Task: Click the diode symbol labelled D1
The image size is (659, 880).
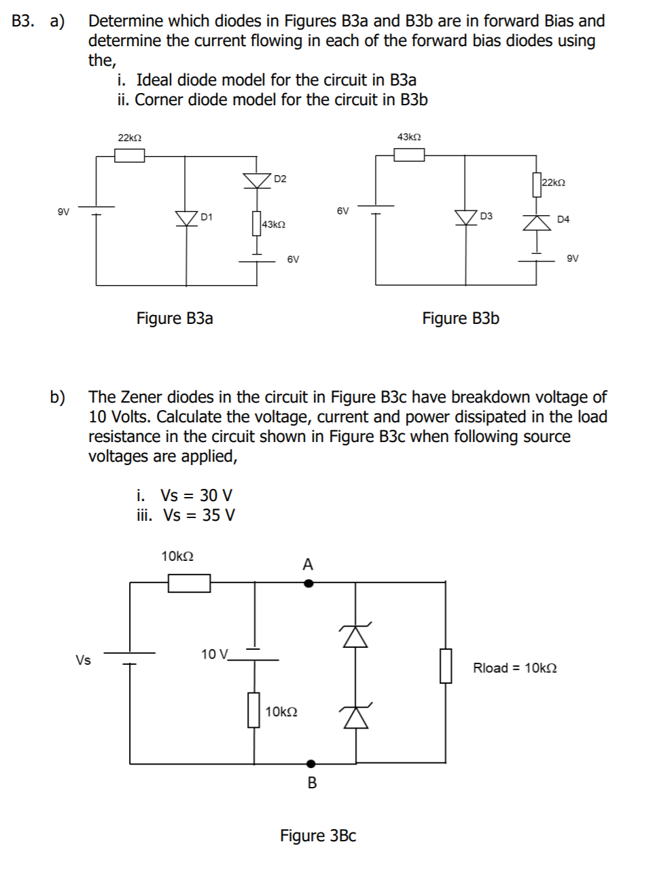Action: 187,218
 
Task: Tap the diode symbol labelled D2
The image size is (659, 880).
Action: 257,180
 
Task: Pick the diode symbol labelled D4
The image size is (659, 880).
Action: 537,222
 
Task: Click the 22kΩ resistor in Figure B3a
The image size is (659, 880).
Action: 129,155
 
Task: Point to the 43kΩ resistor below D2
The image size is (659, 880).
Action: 257,223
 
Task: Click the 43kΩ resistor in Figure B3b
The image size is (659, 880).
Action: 409,155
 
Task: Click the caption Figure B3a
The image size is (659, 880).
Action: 175,318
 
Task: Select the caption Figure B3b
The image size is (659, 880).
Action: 461,318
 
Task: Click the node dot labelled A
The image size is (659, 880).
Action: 308,583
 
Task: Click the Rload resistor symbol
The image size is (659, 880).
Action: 446,666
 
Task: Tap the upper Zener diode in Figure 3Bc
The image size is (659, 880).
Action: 355,636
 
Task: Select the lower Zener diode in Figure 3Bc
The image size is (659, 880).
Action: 355,716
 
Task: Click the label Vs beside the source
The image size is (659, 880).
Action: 83,660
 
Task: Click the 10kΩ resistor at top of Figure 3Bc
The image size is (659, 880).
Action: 189,583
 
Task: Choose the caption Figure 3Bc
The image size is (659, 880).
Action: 318,836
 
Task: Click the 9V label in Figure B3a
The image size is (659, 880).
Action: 63,212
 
